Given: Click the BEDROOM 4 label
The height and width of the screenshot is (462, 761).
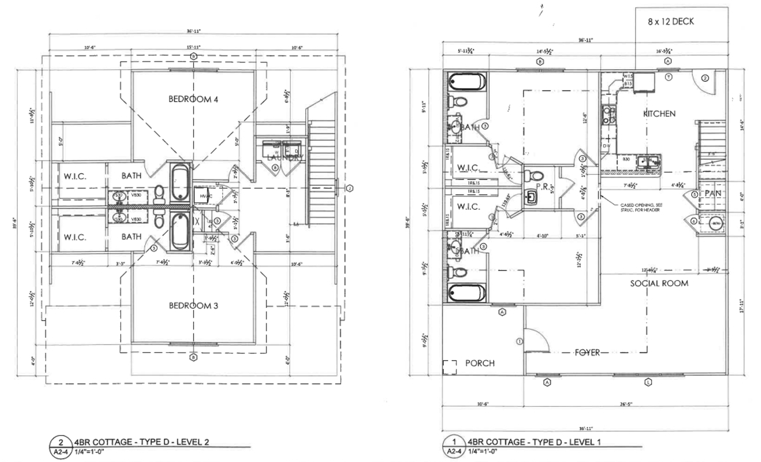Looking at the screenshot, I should (193, 99).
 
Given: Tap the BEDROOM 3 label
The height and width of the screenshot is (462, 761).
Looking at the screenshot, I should (193, 306).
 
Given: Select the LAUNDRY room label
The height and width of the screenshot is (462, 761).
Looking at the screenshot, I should (285, 158).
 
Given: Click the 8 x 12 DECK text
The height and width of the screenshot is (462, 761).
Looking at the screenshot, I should (671, 22).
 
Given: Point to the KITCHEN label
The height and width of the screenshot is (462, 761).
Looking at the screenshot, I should (659, 114).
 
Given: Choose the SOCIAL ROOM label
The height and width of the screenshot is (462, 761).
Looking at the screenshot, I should (659, 283).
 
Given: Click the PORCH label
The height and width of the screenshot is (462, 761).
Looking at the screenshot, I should (480, 363).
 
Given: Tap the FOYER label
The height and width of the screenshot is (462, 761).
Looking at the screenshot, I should (587, 352).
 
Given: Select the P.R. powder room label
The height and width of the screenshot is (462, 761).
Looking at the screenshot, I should (542, 186).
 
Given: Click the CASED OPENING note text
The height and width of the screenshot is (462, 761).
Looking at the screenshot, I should (641, 207).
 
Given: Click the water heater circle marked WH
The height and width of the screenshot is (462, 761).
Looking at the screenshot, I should (716, 224).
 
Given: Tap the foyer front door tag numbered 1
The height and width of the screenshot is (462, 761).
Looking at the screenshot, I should (519, 341).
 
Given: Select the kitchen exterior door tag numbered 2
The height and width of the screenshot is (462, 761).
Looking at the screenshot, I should (705, 78).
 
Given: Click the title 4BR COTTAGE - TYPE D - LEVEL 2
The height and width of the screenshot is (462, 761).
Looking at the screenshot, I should (141, 442).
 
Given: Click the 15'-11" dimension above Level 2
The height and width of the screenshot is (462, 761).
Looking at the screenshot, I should (193, 47).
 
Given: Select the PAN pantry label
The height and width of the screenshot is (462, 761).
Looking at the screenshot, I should (713, 194).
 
